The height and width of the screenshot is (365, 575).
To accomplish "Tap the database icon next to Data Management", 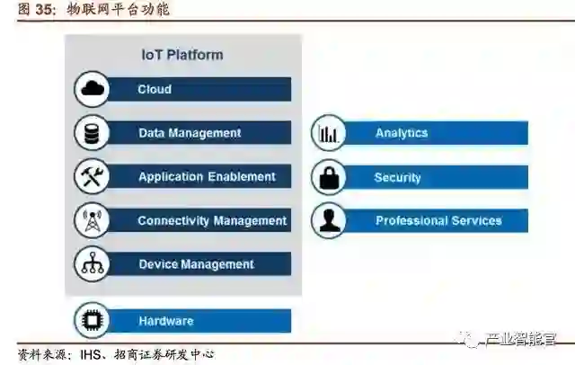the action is (x=92, y=133).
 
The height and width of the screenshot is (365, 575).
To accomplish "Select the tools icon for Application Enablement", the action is (x=93, y=177).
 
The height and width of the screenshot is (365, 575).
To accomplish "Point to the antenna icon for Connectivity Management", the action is (x=93, y=221).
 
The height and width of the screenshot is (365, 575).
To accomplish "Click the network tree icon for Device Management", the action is (x=93, y=264).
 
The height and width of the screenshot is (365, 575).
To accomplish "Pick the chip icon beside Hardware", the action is (x=92, y=321).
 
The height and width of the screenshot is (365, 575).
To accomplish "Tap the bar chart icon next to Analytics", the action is (x=329, y=134).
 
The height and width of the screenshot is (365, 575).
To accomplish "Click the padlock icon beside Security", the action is (x=329, y=177).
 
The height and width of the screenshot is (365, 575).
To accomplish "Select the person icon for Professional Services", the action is (x=329, y=220).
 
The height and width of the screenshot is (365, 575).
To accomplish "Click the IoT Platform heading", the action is (x=182, y=55).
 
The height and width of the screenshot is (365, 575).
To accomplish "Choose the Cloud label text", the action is (x=155, y=89).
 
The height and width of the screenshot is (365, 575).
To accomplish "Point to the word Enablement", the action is (x=243, y=177).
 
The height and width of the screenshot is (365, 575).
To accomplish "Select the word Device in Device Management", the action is (x=159, y=264).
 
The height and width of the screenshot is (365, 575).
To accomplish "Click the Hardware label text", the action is (x=166, y=321).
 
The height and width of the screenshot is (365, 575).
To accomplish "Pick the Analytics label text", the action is (x=402, y=133).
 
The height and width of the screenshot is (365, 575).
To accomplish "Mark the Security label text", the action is (x=398, y=177).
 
